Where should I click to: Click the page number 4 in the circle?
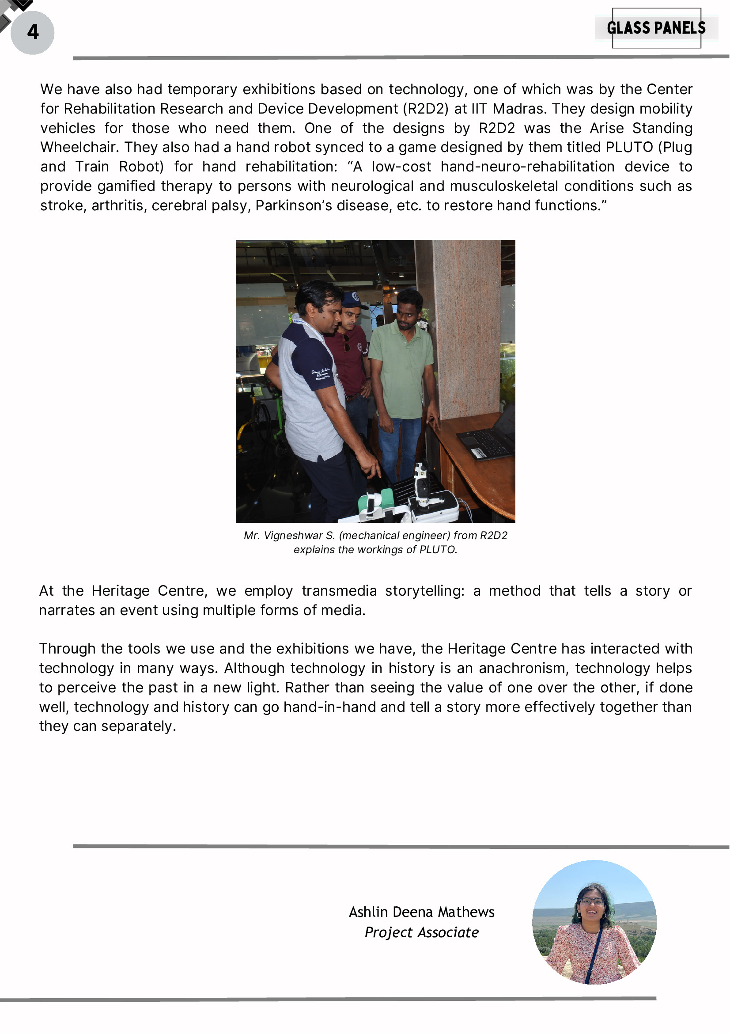pos(32,32)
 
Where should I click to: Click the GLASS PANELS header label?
pos(656,28)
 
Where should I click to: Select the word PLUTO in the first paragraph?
pos(629,147)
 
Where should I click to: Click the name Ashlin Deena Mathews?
pos(421,912)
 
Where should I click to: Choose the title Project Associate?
pos(421,932)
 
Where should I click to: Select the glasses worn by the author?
pos(592,901)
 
